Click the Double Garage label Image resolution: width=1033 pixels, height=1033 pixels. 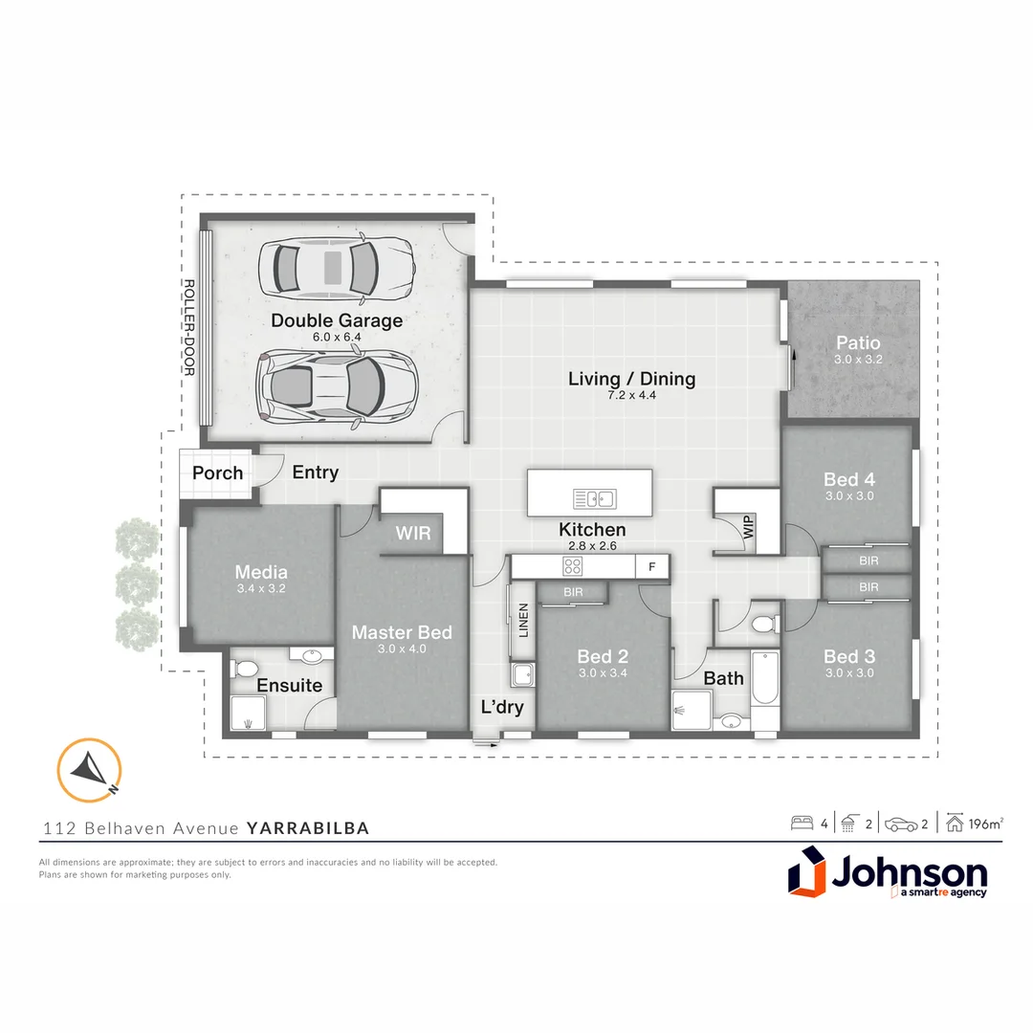[x=337, y=320]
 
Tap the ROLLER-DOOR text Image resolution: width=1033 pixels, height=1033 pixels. [x=189, y=328]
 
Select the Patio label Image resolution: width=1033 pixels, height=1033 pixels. [x=857, y=342]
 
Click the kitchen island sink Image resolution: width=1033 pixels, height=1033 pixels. [x=595, y=498]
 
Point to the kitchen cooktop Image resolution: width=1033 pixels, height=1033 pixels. [x=573, y=566]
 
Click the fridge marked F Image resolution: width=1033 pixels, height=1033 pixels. [x=652, y=566]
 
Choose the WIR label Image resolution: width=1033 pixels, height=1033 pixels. [x=413, y=532]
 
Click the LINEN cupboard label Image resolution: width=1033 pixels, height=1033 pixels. [x=523, y=622]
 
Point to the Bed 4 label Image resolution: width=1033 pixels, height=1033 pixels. [x=849, y=479]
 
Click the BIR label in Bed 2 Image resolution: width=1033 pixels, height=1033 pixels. [x=573, y=593]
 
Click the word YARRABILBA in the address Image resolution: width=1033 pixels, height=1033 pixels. [x=308, y=828]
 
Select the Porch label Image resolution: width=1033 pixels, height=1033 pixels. [x=217, y=473]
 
